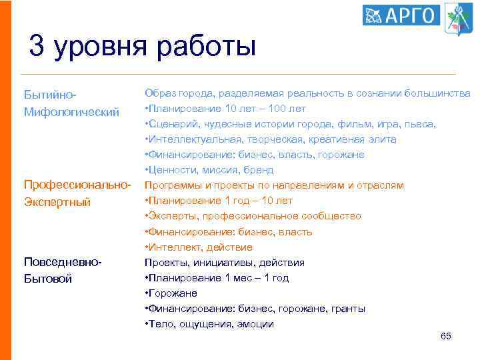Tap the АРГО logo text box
[401, 15]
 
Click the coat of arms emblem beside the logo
[457, 17]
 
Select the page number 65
[446, 337]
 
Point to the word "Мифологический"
[71, 111]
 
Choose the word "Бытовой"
[47, 279]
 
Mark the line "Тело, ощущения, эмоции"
[209, 324]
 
